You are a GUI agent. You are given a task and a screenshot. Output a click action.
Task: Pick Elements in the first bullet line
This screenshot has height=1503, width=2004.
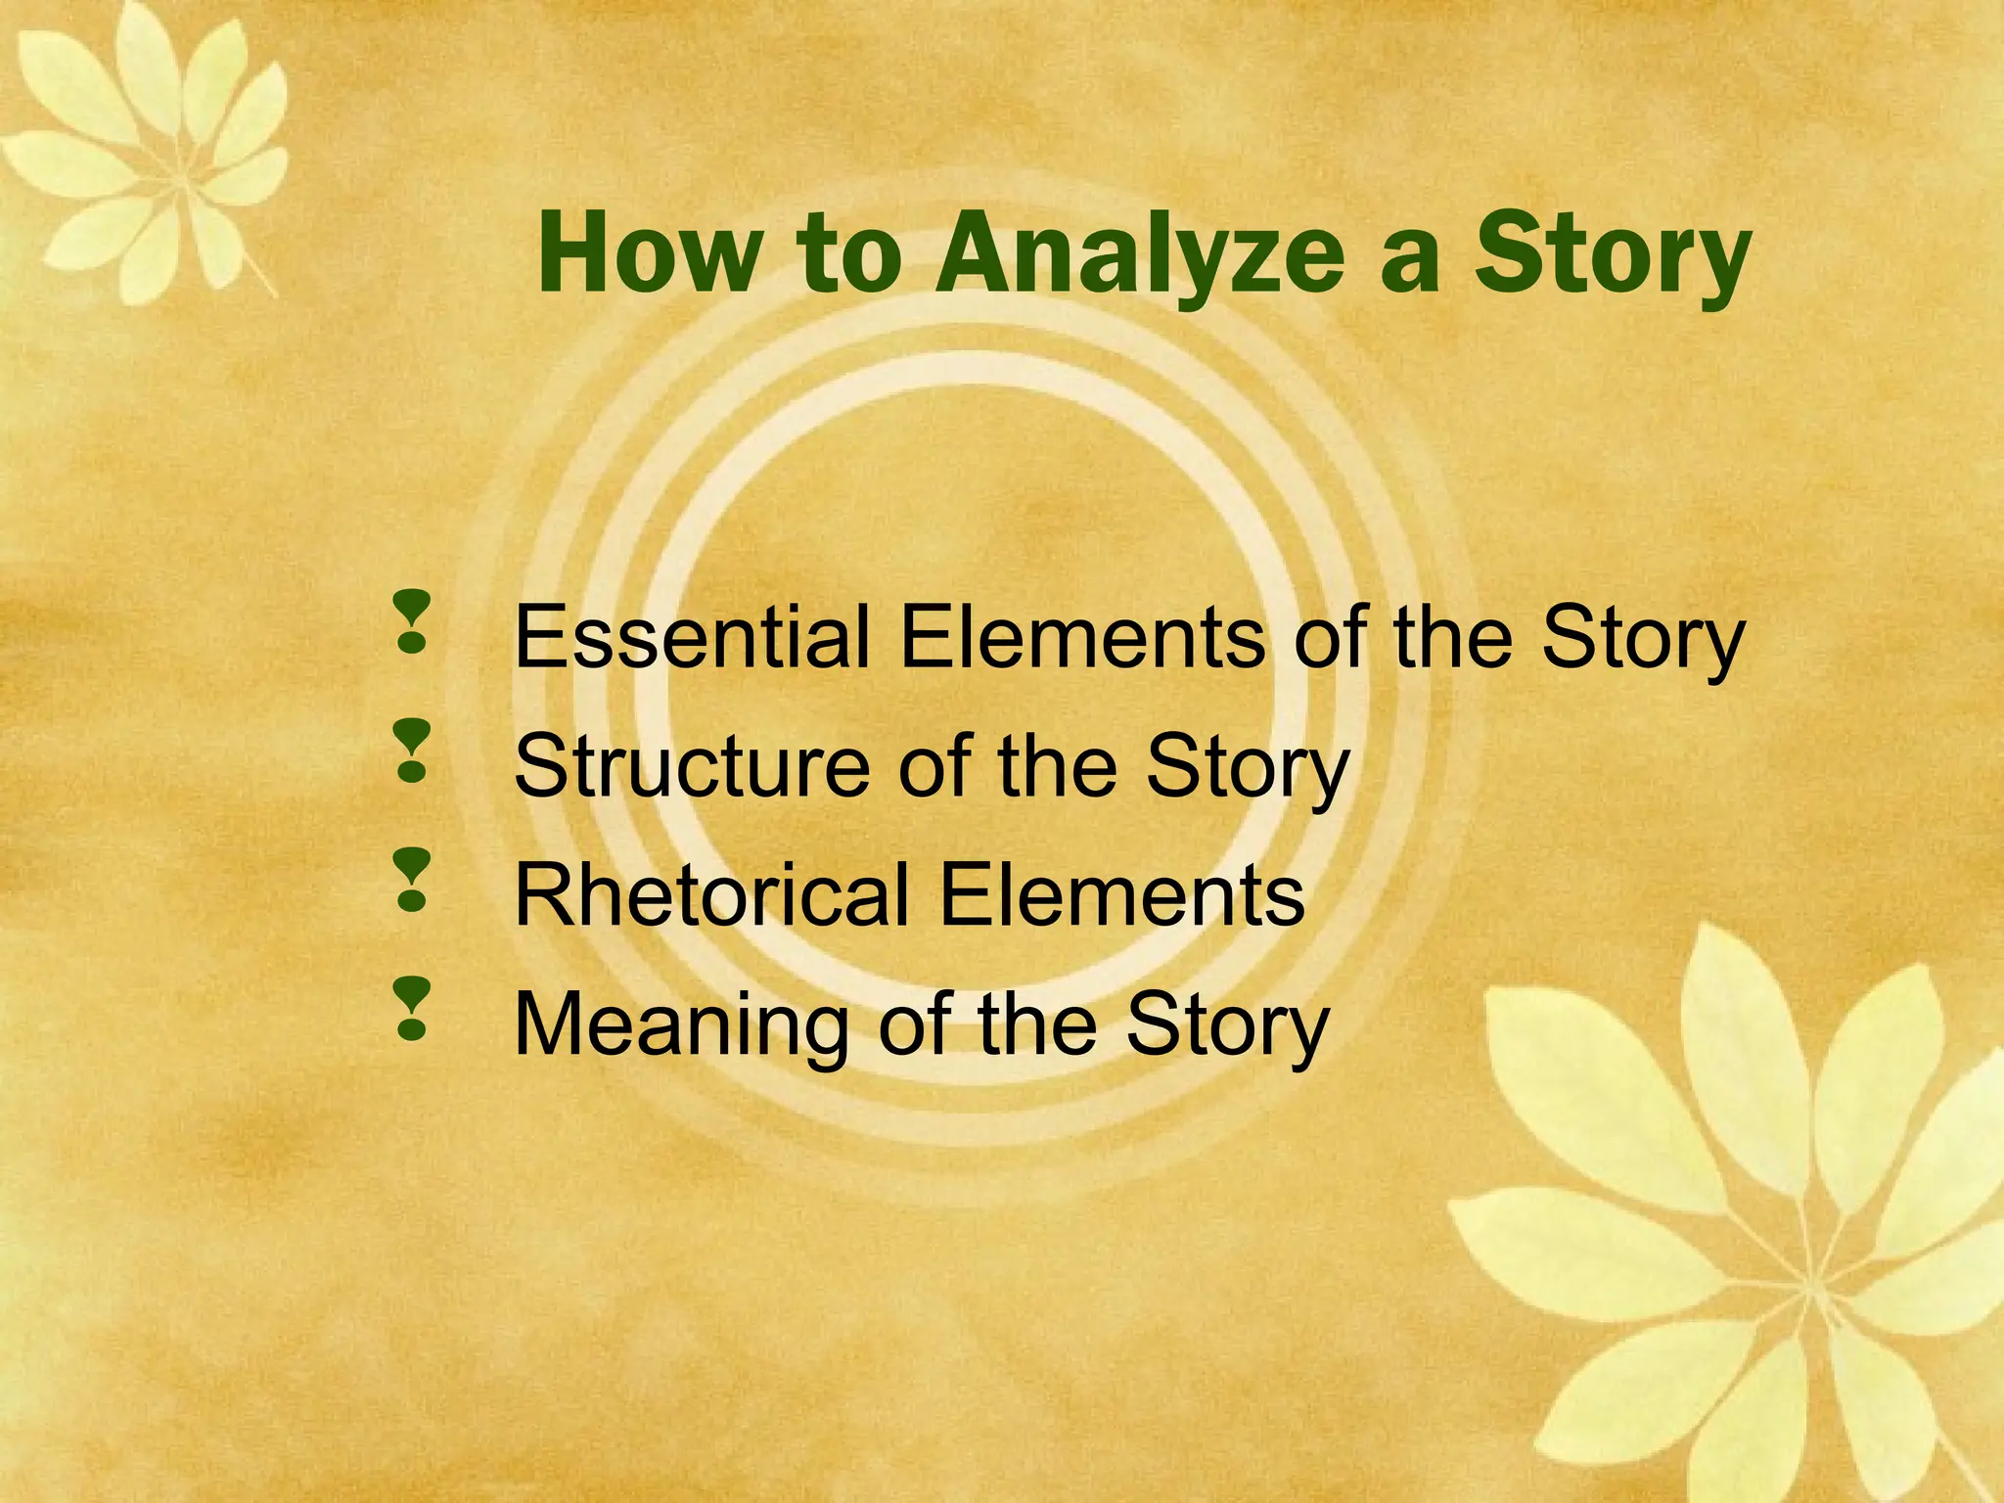(1082, 638)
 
